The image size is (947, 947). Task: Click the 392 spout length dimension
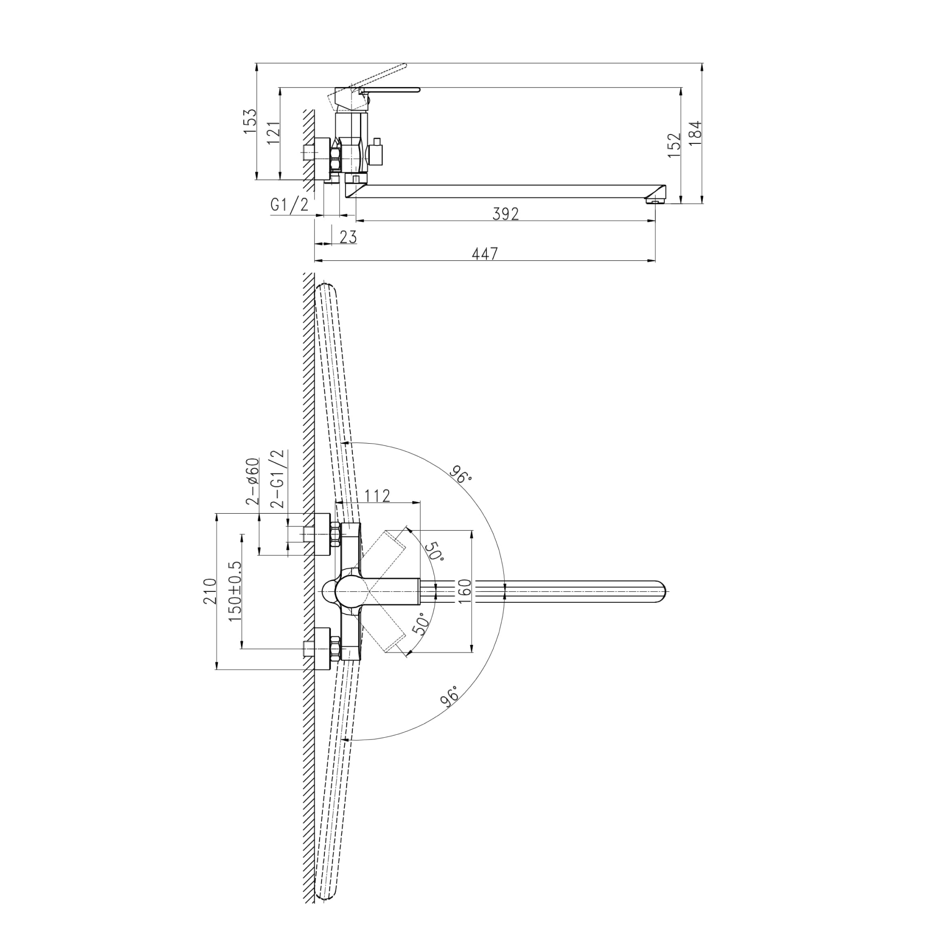coord(505,214)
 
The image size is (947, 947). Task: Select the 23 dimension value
coord(348,237)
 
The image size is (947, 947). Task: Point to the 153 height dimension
coord(250,121)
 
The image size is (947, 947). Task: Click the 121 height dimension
coord(274,131)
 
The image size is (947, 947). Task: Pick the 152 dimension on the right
coord(674,144)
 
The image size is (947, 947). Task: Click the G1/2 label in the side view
coord(289,205)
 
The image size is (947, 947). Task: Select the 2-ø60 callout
coord(252,482)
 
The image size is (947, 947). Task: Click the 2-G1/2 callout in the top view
coord(278,478)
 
